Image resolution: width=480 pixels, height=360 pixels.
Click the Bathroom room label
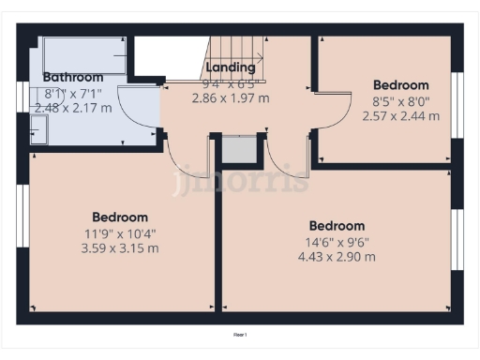point(73,78)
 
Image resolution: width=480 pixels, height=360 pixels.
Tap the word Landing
point(231,67)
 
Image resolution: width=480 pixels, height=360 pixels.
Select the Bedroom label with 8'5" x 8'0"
point(400,85)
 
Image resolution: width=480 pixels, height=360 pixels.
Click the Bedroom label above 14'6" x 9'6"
point(337,226)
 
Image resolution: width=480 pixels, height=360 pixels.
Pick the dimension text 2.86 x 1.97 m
point(231,97)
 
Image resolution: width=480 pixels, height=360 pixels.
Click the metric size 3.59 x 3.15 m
point(120,248)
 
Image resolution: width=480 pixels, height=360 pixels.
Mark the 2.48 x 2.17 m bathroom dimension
point(73,108)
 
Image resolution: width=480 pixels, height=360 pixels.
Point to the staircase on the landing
point(235,52)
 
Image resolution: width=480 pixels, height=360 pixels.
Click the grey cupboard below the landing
point(239,150)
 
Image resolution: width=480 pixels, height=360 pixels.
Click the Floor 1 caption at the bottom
point(241,334)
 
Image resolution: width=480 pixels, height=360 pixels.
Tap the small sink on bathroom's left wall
point(37,136)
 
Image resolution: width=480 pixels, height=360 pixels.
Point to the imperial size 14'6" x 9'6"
point(337,241)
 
